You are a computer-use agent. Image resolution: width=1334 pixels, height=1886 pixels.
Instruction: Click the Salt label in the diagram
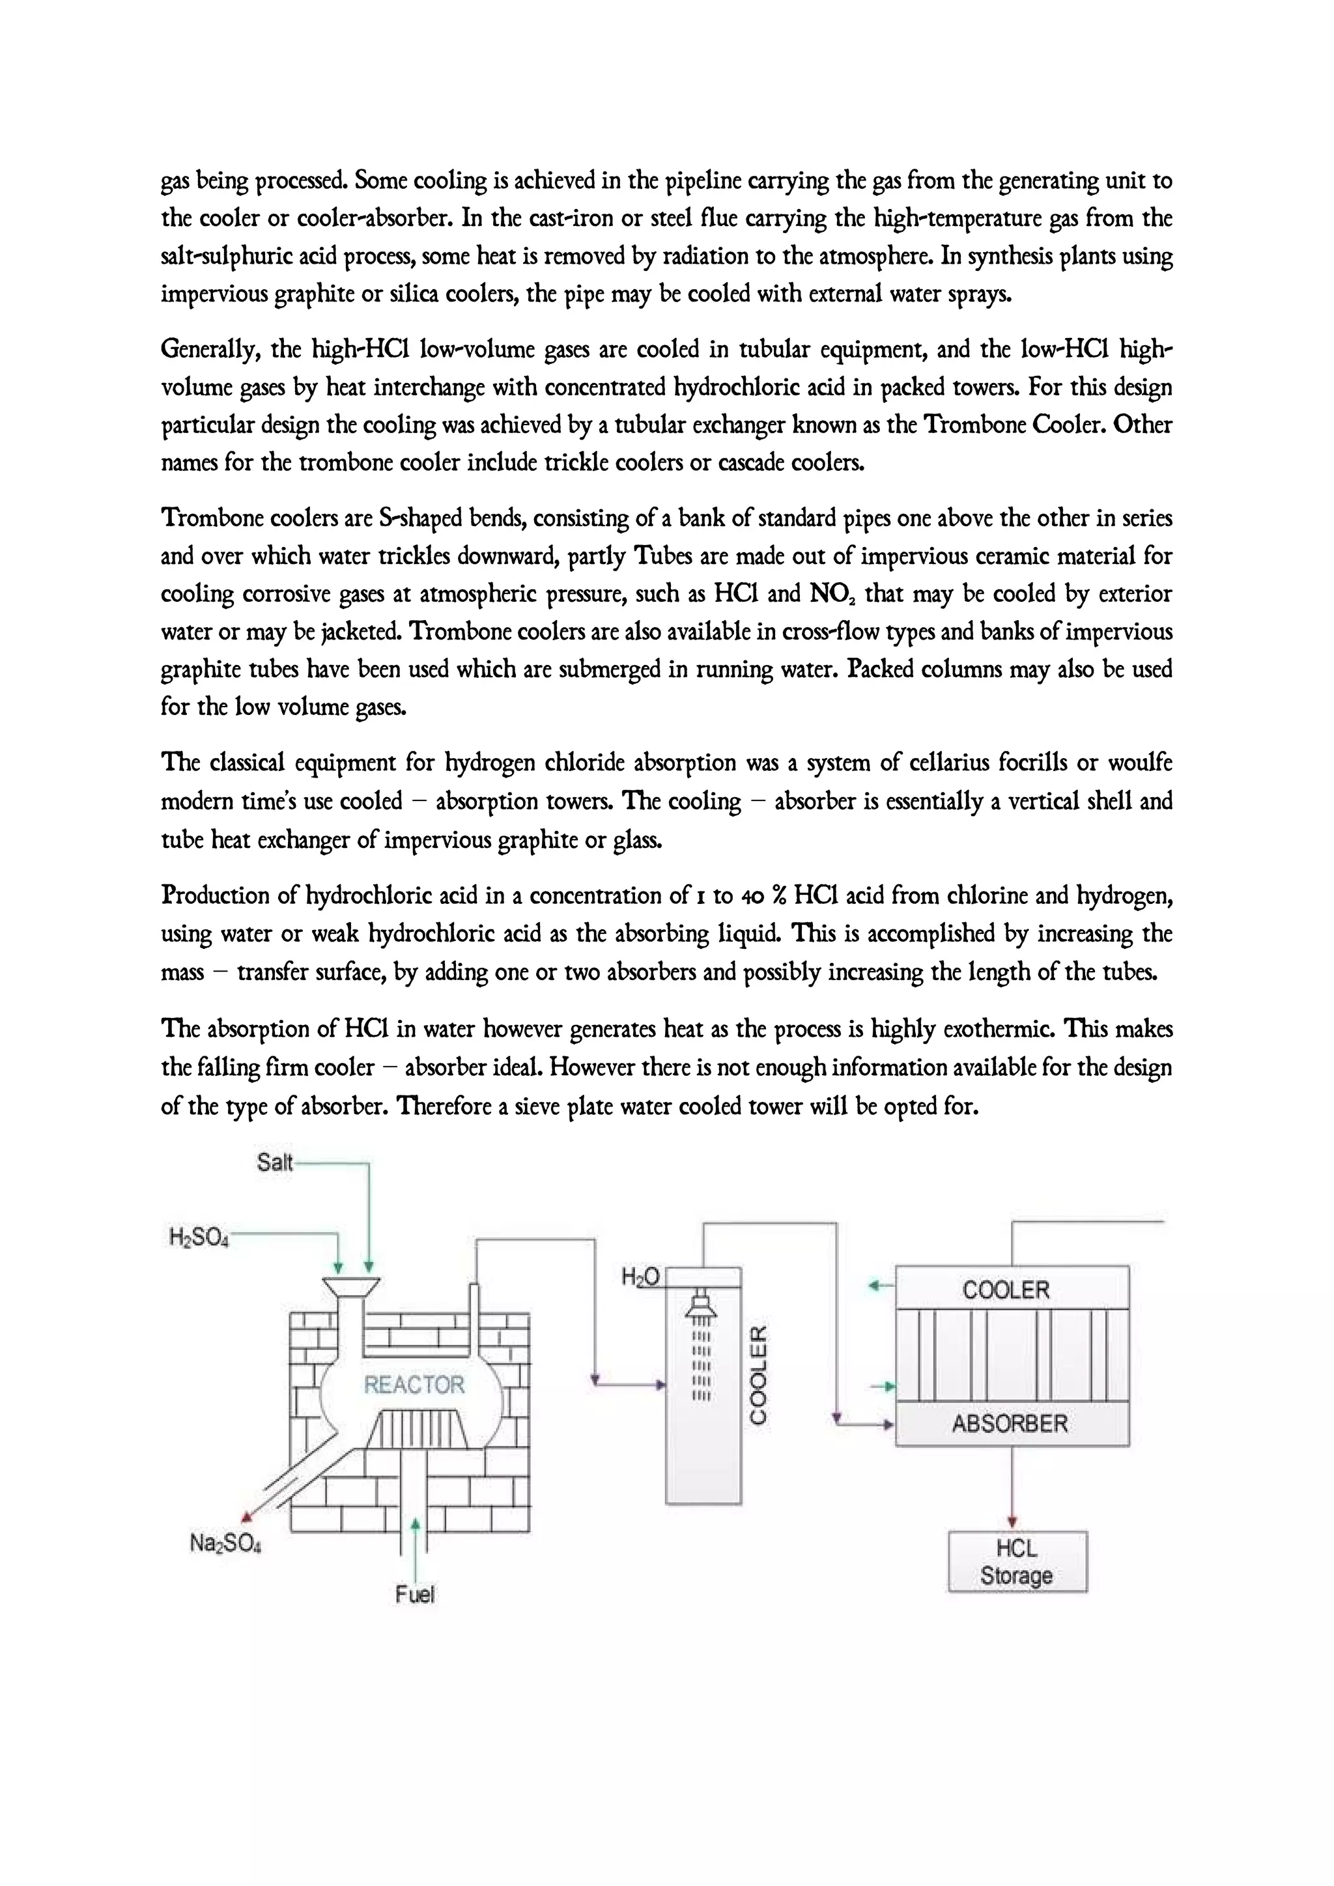(274, 1162)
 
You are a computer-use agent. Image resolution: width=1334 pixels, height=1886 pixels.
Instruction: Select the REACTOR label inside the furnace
(414, 1385)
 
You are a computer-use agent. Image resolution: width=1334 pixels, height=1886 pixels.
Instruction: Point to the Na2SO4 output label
(225, 1543)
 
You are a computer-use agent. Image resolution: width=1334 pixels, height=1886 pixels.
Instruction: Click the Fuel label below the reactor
(414, 1594)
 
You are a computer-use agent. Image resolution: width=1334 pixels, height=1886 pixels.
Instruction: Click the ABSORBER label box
(1011, 1424)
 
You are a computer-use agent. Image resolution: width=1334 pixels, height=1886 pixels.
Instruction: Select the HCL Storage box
(1017, 1562)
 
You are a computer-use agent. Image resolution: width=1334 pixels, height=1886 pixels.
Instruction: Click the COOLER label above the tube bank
(1006, 1289)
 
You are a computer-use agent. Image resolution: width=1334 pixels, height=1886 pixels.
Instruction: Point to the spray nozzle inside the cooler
(701, 1305)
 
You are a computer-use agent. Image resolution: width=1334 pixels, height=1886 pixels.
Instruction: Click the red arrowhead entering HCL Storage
(1012, 1522)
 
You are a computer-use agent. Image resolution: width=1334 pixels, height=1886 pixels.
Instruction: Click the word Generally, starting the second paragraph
(208, 350)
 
